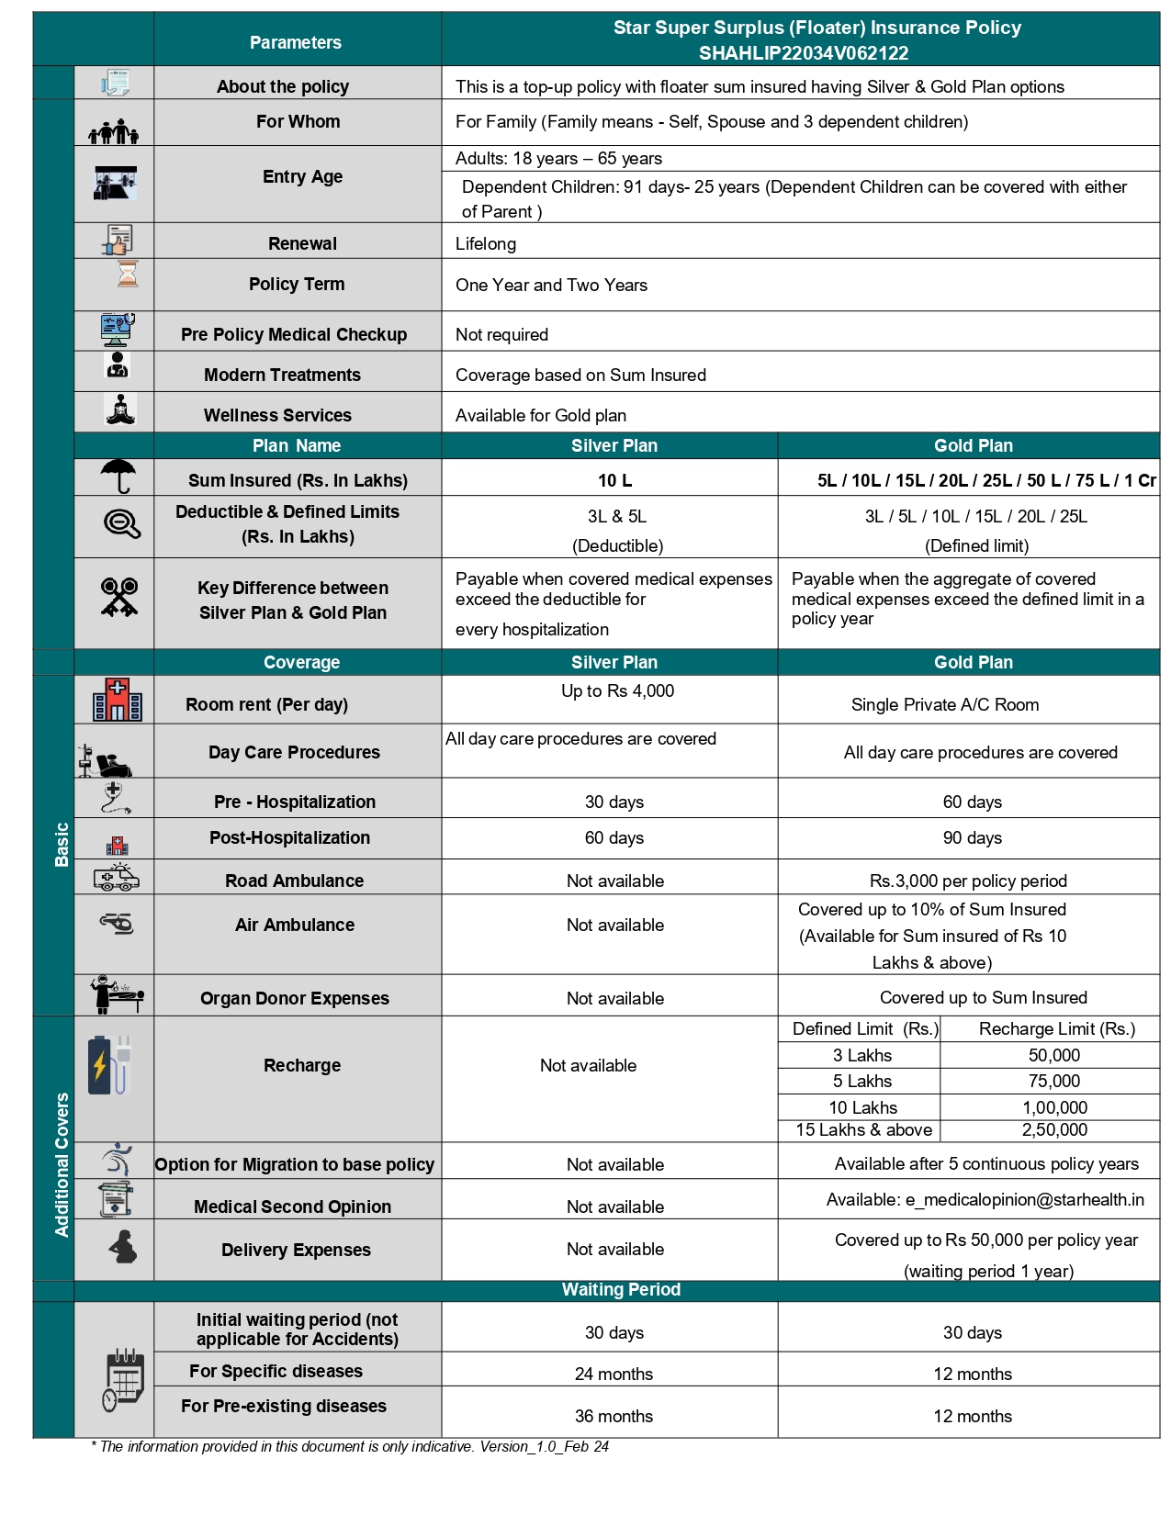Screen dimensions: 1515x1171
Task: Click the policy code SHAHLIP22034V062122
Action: pyautogui.click(x=803, y=53)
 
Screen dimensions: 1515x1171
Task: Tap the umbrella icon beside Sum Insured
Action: pyautogui.click(x=118, y=477)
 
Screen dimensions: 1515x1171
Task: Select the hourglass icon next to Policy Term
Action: pyautogui.click(x=128, y=274)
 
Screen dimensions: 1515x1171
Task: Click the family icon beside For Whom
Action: pyautogui.click(x=114, y=132)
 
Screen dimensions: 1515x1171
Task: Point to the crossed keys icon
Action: pyautogui.click(x=119, y=597)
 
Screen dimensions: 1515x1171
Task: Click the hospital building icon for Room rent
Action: pyautogui.click(x=118, y=700)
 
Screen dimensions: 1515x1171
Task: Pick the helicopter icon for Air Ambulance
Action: pyautogui.click(x=118, y=923)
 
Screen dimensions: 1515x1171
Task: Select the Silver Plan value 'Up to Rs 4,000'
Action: pyautogui.click(x=617, y=691)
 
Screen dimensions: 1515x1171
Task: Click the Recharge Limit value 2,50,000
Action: pyautogui.click(x=1054, y=1130)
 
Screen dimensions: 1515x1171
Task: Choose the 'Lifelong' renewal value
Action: pyautogui.click(x=486, y=244)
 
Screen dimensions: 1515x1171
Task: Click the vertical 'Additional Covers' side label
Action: pyautogui.click(x=62, y=1164)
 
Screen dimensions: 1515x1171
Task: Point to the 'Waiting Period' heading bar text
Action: pyautogui.click(x=621, y=1290)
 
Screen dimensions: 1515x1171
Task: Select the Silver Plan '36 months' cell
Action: pyautogui.click(x=614, y=1417)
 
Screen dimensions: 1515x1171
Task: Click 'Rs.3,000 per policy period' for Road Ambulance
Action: pyautogui.click(x=968, y=881)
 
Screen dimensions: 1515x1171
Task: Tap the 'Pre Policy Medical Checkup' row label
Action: pyautogui.click(x=294, y=335)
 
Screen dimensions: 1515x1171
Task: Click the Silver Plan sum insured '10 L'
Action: pyautogui.click(x=614, y=481)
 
